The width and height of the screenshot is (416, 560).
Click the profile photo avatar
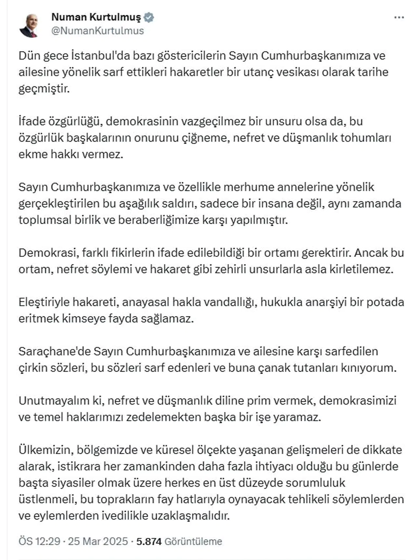point(29,25)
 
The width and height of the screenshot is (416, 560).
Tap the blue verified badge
point(149,17)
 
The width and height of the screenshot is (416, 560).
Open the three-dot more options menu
point(399,18)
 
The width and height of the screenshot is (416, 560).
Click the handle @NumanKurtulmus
point(97,31)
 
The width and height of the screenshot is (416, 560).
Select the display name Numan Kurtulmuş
point(96,17)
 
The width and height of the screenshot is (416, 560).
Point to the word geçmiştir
point(44,88)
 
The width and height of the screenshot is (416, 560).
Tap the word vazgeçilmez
point(213,121)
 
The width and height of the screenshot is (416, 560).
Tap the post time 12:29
point(48,541)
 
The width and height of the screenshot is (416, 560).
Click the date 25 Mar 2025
point(98,541)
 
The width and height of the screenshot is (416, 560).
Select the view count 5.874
point(149,541)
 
